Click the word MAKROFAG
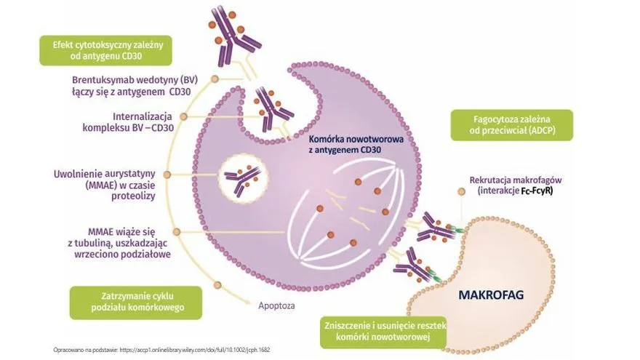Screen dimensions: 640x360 [491, 295]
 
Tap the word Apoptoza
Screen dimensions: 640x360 [276, 305]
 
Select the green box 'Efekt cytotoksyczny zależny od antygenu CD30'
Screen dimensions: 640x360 [105, 50]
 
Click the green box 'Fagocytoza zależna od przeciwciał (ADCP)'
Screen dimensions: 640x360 [512, 125]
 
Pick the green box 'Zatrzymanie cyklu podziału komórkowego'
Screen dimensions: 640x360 [136, 303]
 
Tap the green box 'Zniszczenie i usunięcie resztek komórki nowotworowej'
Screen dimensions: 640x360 [383, 332]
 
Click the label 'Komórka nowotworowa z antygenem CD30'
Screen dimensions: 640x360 [356, 145]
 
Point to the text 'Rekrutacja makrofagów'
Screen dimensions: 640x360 [516, 180]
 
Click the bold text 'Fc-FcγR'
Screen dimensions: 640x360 [537, 191]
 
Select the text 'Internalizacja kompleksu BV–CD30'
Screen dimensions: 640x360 [128, 122]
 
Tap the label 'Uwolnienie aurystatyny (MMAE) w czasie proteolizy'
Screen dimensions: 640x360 [105, 185]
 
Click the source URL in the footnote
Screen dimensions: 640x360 [195, 350]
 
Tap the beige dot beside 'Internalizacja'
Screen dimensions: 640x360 [184, 117]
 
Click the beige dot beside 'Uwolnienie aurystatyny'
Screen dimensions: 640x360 [167, 175]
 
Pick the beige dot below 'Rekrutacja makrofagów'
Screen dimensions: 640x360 [462, 191]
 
